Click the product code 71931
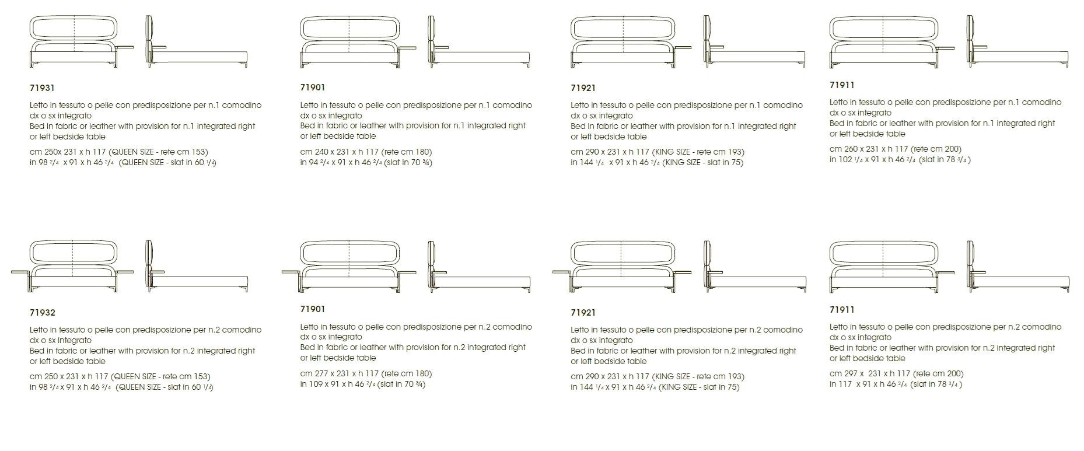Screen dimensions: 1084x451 click(42, 88)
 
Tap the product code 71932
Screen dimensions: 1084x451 click(43, 313)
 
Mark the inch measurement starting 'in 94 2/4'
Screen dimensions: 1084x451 click(366, 163)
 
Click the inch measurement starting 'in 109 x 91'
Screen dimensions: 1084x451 click(363, 384)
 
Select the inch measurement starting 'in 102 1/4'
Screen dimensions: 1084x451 click(900, 160)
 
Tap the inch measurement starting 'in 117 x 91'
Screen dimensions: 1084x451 click(896, 384)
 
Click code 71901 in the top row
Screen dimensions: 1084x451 click(313, 88)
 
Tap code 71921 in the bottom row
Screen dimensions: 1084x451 click(583, 313)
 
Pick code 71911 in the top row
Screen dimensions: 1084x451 click(842, 85)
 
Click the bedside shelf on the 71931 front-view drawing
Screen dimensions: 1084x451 click(125, 47)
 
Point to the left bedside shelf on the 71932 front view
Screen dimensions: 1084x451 click(20, 272)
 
